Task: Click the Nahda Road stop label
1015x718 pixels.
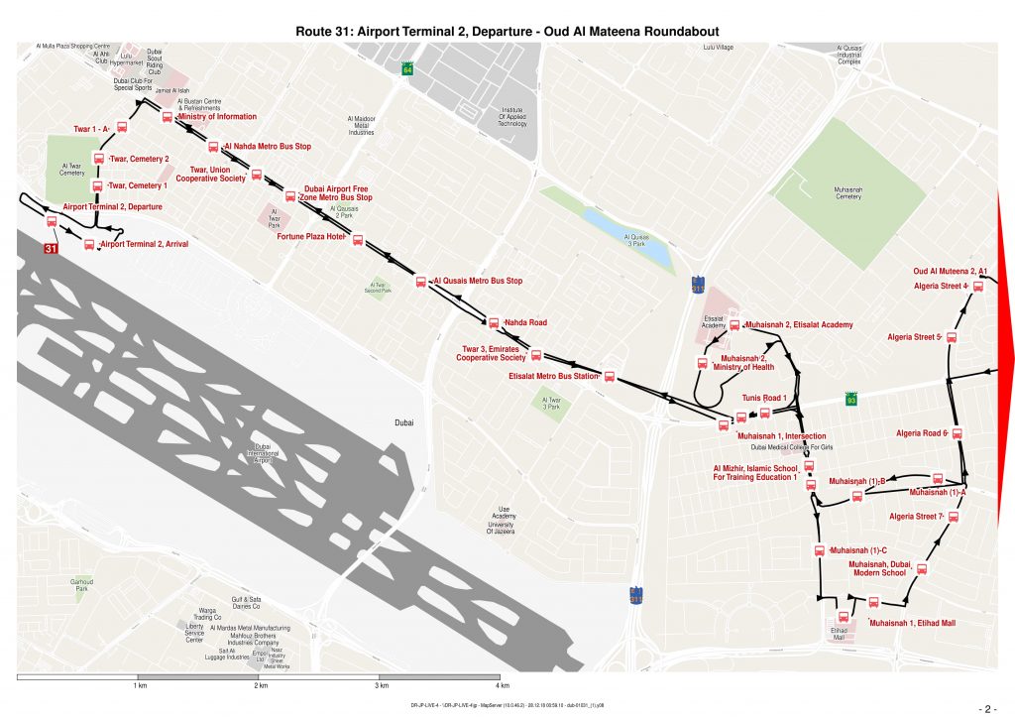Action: pyautogui.click(x=525, y=322)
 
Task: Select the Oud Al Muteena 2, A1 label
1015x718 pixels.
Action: pyautogui.click(x=950, y=271)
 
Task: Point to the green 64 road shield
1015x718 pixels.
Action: pyautogui.click(x=407, y=69)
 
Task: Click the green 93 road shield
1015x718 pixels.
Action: pyautogui.click(x=850, y=400)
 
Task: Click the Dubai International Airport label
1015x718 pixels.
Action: pyautogui.click(x=263, y=453)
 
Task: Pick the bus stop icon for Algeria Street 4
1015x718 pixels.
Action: pyautogui.click(x=978, y=287)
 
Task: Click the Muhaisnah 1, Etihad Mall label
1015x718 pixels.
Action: pyautogui.click(x=912, y=623)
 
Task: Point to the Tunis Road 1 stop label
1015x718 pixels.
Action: pyautogui.click(x=763, y=398)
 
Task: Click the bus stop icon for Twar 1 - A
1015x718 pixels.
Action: pyautogui.click(x=123, y=127)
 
